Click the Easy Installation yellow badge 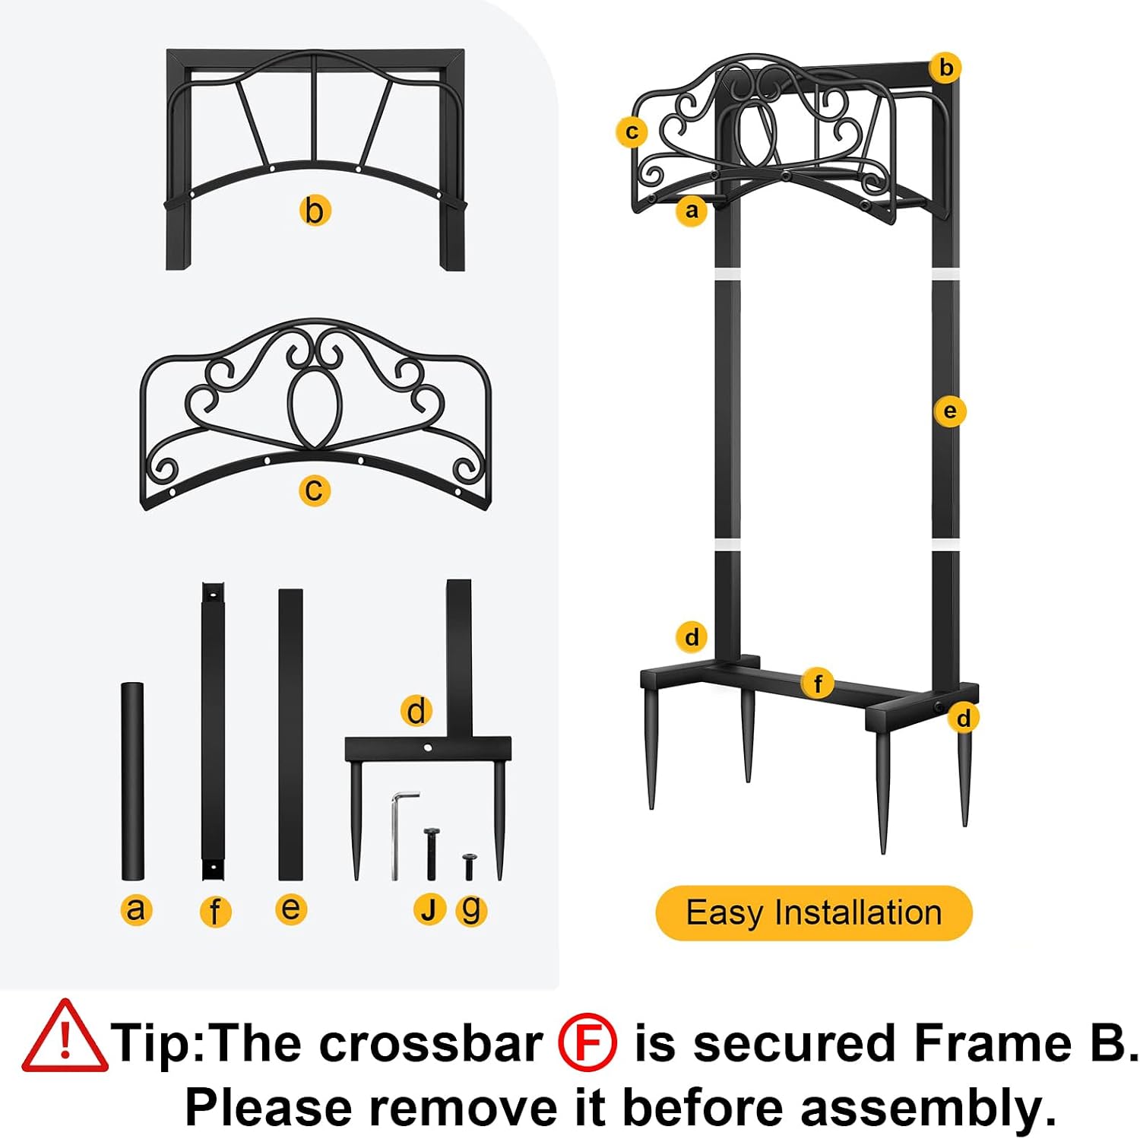click(814, 912)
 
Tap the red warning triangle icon click(64, 1037)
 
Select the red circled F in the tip click(587, 1043)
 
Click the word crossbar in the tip click(431, 1043)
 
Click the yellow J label click(429, 909)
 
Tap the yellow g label click(471, 909)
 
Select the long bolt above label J click(431, 853)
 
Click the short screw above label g click(469, 867)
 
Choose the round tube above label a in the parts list click(132, 782)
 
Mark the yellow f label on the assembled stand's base click(819, 684)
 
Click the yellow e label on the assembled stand click(949, 411)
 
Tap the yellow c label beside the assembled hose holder click(632, 132)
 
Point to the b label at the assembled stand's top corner click(946, 68)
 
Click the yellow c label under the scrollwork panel click(315, 490)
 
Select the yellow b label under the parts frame click(315, 211)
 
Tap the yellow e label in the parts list click(291, 909)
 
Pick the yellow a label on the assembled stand click(692, 209)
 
